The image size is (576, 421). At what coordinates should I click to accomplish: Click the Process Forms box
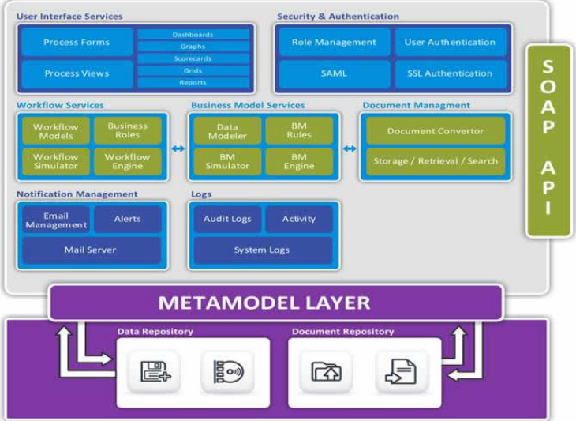click(x=77, y=43)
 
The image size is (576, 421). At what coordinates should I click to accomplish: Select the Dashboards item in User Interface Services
click(x=193, y=35)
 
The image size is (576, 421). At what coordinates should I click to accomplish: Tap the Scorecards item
click(x=193, y=58)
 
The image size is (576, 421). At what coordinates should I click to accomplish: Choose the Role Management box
click(x=334, y=43)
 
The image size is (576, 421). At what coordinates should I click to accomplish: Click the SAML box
click(x=334, y=73)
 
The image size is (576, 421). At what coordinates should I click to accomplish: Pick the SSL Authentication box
click(x=451, y=73)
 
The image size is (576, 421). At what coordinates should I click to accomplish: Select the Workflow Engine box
click(x=128, y=161)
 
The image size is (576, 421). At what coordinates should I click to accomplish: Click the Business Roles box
click(x=128, y=130)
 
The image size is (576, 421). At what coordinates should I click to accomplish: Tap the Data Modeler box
click(x=226, y=130)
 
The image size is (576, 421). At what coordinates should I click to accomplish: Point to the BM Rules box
click(x=299, y=130)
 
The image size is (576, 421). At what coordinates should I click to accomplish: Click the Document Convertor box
click(x=435, y=130)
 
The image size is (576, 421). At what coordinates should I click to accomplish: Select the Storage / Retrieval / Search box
click(x=435, y=161)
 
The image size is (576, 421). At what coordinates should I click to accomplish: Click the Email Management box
click(x=56, y=220)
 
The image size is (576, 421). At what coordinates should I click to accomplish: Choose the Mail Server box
click(x=90, y=250)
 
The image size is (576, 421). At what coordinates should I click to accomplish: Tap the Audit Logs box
click(x=227, y=219)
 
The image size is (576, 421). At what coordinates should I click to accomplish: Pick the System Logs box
click(x=262, y=250)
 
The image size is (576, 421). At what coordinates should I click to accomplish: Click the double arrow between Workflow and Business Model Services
click(x=178, y=148)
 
